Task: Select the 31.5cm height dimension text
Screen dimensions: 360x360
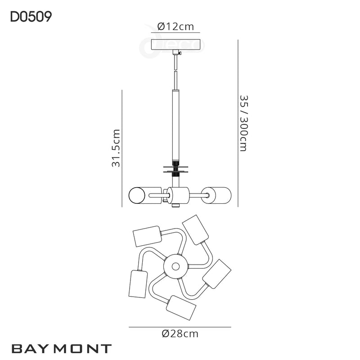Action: (116, 148)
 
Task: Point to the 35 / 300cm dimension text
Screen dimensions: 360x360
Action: (243, 123)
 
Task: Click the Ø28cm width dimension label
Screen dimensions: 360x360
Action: (180, 333)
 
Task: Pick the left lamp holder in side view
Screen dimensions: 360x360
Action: (142, 195)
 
